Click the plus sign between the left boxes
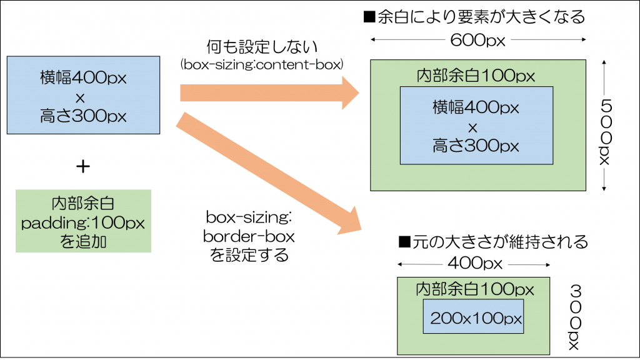coord(82,166)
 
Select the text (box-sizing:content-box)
coord(262,64)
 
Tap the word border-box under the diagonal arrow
coord(249,237)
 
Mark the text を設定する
coord(249,255)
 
